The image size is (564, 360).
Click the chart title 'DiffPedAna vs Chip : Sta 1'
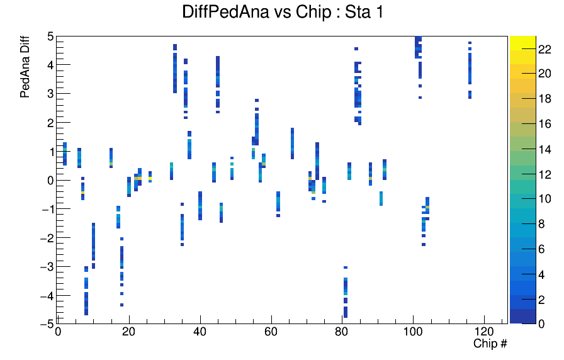pos(283,12)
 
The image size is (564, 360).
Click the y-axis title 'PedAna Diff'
pos(25,67)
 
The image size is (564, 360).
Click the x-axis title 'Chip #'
pos(490,344)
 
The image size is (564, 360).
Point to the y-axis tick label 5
pos(50,37)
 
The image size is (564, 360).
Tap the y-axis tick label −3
pos(48,267)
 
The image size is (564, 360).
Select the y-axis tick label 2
pos(50,123)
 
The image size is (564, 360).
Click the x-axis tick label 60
pos(271,331)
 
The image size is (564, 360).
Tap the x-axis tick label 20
pos(129,331)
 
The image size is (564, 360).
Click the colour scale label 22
pos(544,49)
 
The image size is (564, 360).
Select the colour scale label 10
pos(544,199)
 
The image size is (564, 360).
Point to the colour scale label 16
pos(544,124)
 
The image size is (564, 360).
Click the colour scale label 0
pos(541,323)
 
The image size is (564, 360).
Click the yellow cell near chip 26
pos(150,178)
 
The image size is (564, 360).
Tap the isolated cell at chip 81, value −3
pos(346,267)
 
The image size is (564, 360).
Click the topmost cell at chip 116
pos(470,43)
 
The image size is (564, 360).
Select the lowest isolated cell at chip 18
pos(121,305)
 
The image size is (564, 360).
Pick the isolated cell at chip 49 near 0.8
pos(232,158)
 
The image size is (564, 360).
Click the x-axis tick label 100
pos(413,331)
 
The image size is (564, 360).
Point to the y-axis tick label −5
pos(48,323)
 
